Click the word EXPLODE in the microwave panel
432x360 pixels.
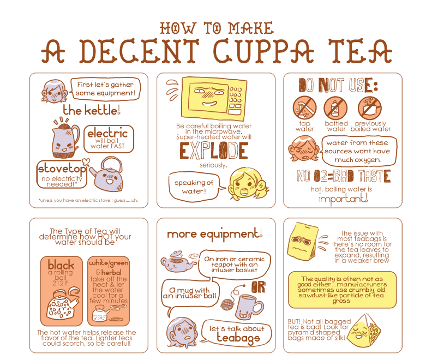point(214,151)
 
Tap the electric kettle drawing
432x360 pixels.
point(65,140)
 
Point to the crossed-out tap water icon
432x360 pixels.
point(305,107)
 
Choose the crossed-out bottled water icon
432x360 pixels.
point(335,107)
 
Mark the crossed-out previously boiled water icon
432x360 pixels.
point(370,107)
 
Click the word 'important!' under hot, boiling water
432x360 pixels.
point(343,199)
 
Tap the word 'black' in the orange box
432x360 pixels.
point(61,265)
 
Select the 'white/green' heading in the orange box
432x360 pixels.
point(109,263)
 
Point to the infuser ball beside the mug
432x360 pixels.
point(227,304)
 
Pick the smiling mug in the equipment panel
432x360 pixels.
point(249,307)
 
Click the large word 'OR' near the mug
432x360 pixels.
point(259,287)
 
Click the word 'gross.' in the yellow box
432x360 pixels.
point(341,301)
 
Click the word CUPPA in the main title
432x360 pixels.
point(263,51)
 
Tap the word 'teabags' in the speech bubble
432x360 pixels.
point(238,338)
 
